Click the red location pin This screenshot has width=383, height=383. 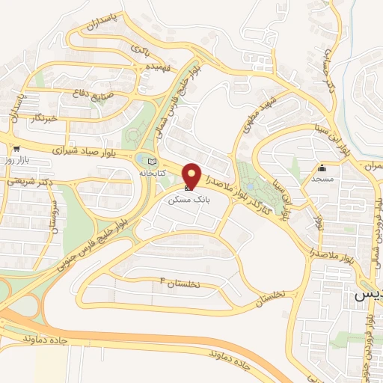coord(192,175)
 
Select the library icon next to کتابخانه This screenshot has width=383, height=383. coord(153,161)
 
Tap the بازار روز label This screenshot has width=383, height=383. coord(16,160)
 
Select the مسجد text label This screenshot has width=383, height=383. coord(323,180)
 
